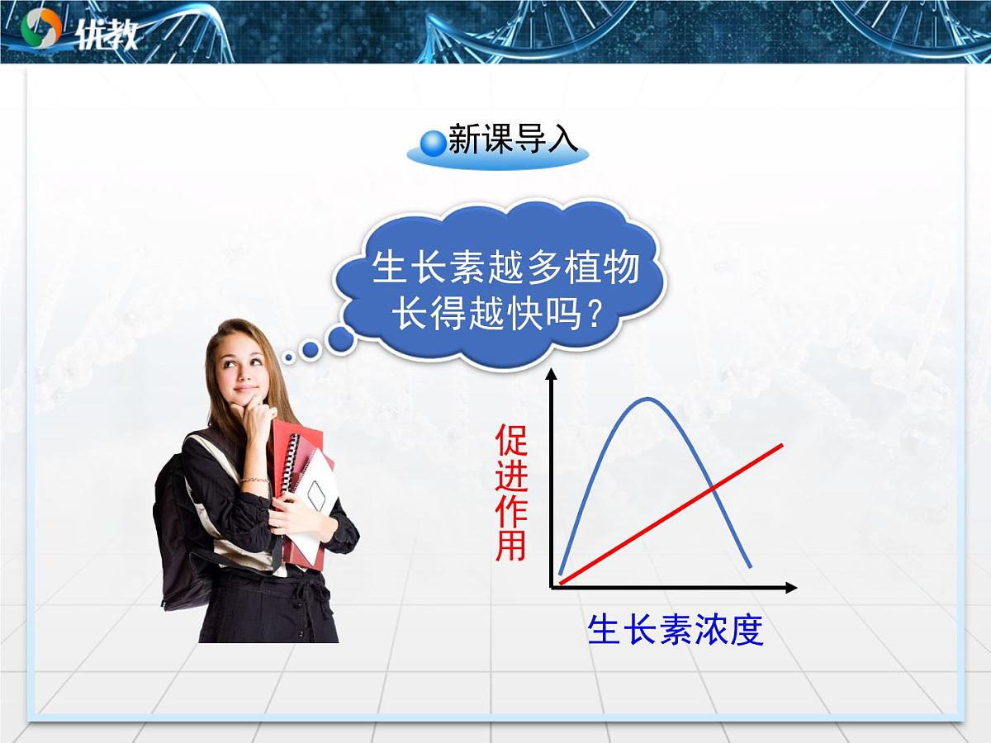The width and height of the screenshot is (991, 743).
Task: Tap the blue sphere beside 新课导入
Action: [x=433, y=143]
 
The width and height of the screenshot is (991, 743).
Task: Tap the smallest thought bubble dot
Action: [x=288, y=358]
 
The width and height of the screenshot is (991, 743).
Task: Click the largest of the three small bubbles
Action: [x=340, y=337]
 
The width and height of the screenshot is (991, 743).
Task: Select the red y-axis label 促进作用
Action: [x=511, y=494]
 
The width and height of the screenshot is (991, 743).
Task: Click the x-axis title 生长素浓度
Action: [x=675, y=630]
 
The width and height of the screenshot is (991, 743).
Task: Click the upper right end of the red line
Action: [x=780, y=445]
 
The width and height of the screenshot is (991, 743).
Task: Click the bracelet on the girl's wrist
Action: [x=255, y=479]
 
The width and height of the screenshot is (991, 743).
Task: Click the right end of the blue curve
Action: [x=750, y=567]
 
